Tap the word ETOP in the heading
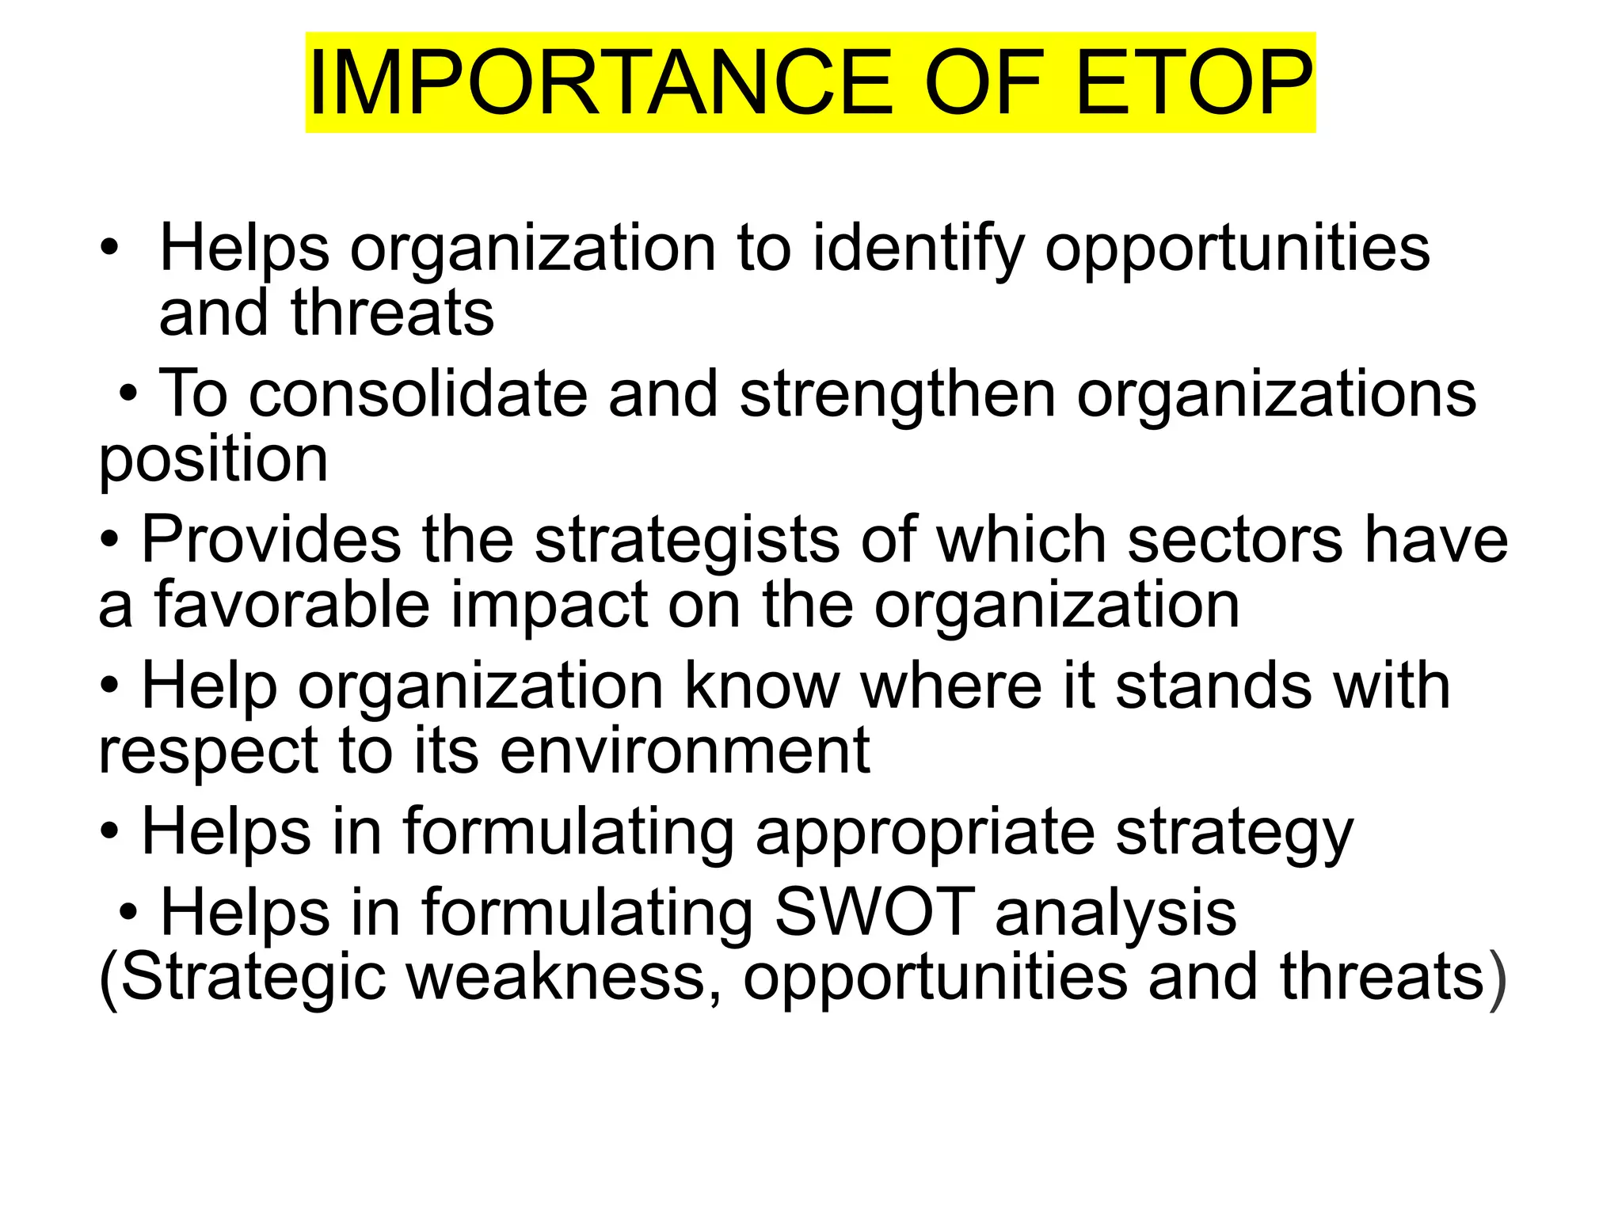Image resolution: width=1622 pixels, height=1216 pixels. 1194,83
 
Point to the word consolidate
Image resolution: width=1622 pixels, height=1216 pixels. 418,394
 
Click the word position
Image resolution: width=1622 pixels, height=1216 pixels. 213,461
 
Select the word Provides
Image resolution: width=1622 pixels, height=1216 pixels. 271,540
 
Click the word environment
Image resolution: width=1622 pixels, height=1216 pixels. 685,751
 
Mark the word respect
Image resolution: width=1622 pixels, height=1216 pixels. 208,753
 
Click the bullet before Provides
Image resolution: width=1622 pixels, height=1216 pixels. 110,539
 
